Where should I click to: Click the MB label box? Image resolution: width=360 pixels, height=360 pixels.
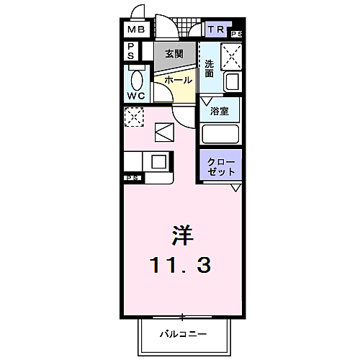pos(136,30)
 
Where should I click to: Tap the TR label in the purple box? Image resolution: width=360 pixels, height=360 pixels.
pos(215,30)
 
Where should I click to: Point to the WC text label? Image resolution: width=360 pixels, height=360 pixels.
pos(136,96)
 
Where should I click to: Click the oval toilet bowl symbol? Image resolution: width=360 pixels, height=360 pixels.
pos(137,78)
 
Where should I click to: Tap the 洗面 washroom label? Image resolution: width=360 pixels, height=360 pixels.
pos(209,68)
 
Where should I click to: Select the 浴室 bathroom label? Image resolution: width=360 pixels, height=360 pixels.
pos(220,112)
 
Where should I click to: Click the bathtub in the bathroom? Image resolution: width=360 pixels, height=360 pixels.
pos(220,134)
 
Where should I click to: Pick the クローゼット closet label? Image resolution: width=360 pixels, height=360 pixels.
pos(220,167)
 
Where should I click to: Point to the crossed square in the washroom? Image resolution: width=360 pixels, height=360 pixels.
pos(231,54)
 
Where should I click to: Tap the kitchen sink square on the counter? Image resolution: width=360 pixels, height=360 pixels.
pos(158,161)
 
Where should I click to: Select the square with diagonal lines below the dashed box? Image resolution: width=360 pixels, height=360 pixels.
pos(163,132)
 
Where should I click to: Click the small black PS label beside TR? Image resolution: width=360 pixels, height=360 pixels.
pos(236,34)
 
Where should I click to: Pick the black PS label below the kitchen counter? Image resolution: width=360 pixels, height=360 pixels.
pos(132,177)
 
